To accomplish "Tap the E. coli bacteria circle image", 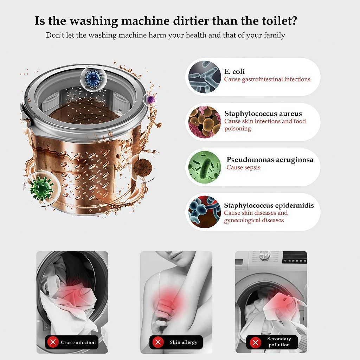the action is tap(205, 77).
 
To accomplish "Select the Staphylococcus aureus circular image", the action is tap(205, 122).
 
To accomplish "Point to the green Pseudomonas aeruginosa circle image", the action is tap(205, 167).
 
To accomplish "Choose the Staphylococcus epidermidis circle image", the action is tap(205, 212).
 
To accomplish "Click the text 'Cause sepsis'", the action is tap(243, 168).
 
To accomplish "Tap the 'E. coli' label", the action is tap(234, 71).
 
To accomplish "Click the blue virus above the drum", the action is tap(94, 79).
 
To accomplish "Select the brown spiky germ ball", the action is tap(143, 168).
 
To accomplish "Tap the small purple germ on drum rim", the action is tap(151, 99).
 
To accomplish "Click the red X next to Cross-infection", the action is tap(53, 342).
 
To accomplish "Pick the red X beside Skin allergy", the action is tap(158, 342).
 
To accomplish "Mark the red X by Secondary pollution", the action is tap(255, 342).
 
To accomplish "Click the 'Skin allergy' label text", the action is tap(184, 342).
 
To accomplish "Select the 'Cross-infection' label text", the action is tap(78, 342).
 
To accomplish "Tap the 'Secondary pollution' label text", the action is tap(279, 342).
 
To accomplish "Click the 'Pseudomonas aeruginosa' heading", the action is tap(270, 160).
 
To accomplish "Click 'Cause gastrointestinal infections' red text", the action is tap(267, 79).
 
